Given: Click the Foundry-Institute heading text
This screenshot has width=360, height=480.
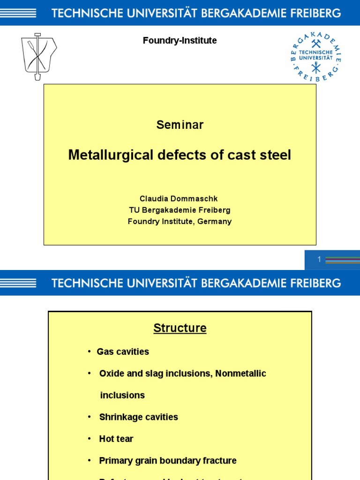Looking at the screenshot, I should tap(180, 41).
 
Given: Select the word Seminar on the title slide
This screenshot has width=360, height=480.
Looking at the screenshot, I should tap(180, 125).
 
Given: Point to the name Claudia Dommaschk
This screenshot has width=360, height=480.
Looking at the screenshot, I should tap(179, 199).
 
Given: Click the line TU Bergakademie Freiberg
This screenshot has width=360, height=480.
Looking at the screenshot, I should tap(180, 210).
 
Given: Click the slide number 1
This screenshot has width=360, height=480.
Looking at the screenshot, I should tap(319, 259).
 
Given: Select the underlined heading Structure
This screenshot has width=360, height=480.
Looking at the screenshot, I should tap(180, 328).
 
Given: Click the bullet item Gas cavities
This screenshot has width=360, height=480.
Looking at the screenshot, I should tap(123, 352).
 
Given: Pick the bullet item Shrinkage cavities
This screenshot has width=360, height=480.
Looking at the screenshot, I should tap(138, 417).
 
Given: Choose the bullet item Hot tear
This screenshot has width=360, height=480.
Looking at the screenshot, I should tap(116, 439).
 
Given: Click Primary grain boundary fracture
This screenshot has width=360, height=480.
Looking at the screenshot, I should tap(168, 461).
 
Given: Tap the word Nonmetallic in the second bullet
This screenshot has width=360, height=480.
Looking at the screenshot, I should tap(240, 374).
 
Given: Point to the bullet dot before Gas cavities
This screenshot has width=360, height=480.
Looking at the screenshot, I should tap(89, 352).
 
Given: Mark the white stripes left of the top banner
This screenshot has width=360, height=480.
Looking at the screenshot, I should tap(19, 13).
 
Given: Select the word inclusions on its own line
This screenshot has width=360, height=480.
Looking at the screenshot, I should tap(122, 395).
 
